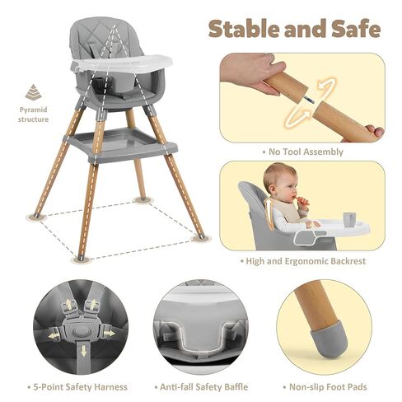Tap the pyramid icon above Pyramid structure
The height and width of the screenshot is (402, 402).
click(x=34, y=92)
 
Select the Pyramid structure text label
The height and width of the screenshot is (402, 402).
click(x=34, y=114)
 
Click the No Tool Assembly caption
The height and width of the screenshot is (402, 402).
click(x=301, y=152)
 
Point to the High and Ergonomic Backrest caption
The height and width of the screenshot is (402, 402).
click(x=301, y=261)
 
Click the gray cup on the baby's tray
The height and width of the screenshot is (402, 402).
click(x=349, y=220)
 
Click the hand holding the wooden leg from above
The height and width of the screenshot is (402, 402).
click(x=252, y=71)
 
